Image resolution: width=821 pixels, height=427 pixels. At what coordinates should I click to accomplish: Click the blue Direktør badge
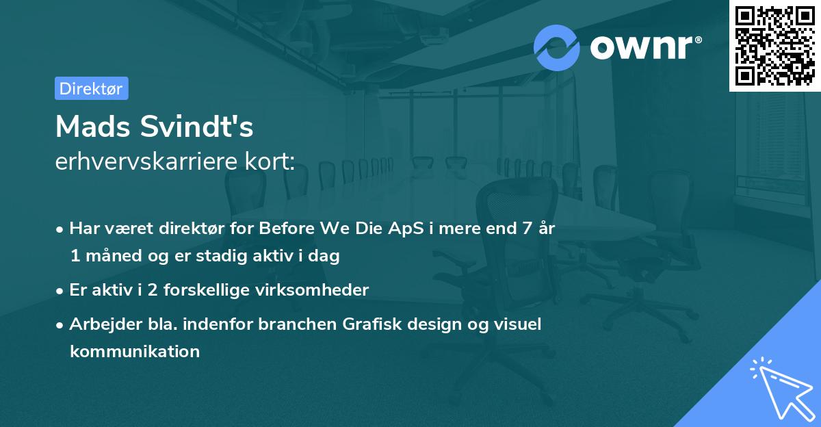[92, 88]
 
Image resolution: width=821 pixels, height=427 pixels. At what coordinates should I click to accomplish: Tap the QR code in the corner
[774, 46]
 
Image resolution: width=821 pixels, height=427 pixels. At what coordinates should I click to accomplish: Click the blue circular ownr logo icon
[556, 48]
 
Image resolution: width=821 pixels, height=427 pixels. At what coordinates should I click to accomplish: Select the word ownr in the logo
[641, 47]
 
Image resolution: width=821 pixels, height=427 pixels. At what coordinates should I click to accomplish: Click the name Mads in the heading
[93, 127]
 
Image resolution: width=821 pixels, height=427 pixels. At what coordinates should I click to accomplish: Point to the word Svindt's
[197, 127]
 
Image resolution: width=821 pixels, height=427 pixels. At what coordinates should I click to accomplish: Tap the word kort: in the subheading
[270, 161]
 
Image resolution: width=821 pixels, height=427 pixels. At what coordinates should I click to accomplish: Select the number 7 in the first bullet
[527, 229]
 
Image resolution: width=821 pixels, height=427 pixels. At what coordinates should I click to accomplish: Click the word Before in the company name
[287, 229]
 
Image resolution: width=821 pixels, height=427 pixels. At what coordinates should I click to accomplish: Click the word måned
[114, 255]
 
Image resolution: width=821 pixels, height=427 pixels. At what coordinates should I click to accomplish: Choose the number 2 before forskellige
[153, 290]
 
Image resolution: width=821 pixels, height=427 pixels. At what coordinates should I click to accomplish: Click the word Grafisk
[372, 324]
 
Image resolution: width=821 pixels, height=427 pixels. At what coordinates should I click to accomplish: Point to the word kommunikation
[135, 352]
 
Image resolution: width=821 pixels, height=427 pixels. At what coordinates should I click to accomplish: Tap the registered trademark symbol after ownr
[698, 40]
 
